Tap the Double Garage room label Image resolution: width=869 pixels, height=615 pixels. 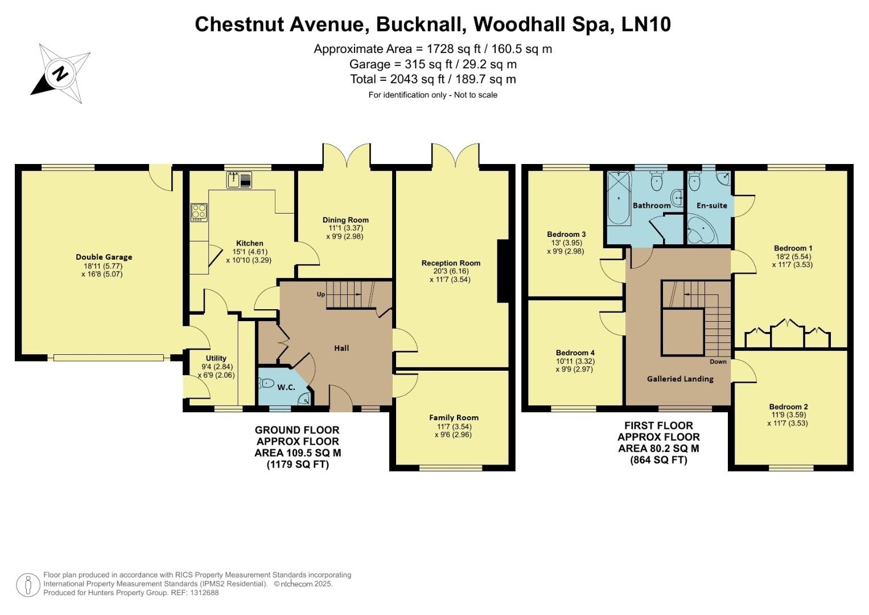tap(104, 257)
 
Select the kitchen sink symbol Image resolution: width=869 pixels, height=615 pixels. tap(240, 180)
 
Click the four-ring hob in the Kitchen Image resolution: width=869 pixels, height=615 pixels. tap(199, 212)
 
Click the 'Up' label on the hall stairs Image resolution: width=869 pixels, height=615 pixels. tap(321, 294)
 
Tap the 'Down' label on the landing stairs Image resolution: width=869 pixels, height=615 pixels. tap(718, 362)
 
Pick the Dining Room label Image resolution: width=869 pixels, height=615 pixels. tap(345, 220)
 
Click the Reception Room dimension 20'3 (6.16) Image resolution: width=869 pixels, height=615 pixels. tap(451, 272)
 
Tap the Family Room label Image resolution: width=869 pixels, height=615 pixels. tap(454, 417)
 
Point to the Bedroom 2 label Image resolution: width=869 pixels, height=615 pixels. tap(788, 407)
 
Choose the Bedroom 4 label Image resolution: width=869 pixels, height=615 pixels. tap(575, 352)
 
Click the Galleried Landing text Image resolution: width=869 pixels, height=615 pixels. tap(680, 379)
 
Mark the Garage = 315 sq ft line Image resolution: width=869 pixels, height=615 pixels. tap(433, 64)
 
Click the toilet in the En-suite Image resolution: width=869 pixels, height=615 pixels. tap(694, 182)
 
